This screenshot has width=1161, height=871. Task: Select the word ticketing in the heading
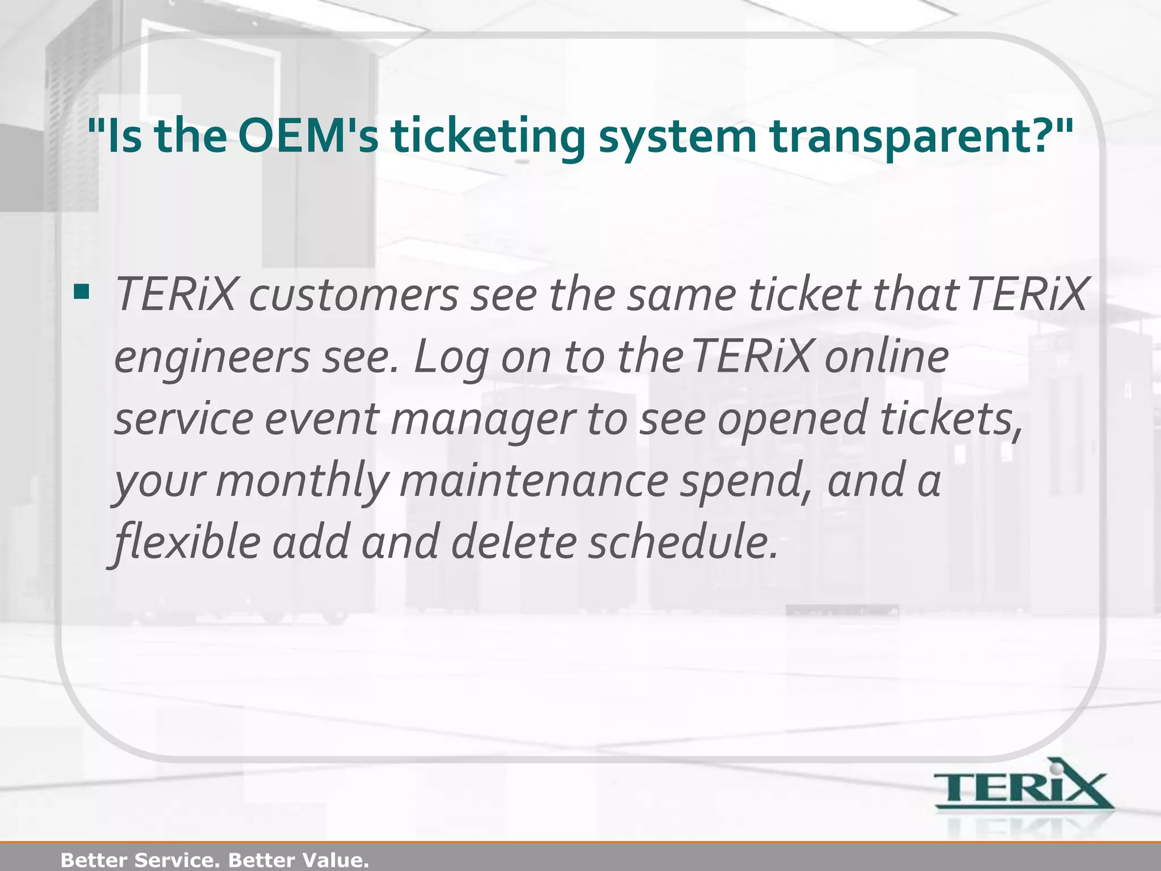(488, 138)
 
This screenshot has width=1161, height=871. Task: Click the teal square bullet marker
(82, 293)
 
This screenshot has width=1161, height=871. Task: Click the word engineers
(212, 357)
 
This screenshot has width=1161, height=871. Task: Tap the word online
(887, 357)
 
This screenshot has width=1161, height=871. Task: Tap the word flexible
(187, 542)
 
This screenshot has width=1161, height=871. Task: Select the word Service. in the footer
(176, 860)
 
